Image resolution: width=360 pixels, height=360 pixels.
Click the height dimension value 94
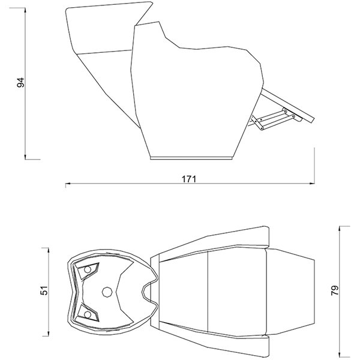pyautogui.click(x=20, y=83)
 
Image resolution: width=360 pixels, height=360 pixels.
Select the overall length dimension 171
pyautogui.click(x=191, y=179)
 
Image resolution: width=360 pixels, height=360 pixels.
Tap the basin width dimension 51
pyautogui.click(x=43, y=290)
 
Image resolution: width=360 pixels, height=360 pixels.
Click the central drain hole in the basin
pyautogui.click(x=107, y=292)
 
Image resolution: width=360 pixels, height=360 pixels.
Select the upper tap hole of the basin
pyautogui.click(x=90, y=269)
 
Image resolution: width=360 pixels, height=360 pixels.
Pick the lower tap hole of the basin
pyautogui.click(x=89, y=313)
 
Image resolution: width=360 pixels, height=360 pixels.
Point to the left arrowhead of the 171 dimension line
pyautogui.click(x=67, y=185)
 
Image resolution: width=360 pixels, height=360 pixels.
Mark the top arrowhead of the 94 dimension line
pyautogui.click(x=26, y=8)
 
